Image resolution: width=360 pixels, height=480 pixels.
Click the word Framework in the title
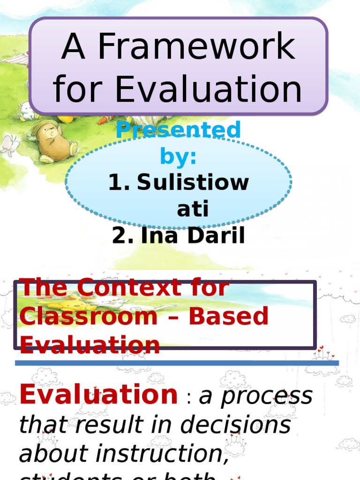(x=195, y=48)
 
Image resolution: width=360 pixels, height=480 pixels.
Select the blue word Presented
(x=179, y=130)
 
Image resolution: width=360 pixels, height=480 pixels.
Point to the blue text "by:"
(x=178, y=157)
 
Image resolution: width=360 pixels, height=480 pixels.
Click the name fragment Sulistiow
(x=193, y=182)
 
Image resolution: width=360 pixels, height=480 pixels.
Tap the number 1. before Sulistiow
(x=119, y=182)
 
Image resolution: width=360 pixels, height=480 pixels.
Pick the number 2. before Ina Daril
(x=123, y=236)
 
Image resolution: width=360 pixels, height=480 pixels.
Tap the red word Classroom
(x=89, y=316)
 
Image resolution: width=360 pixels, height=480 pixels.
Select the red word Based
(x=228, y=316)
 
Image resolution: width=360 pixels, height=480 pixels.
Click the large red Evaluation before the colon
(x=98, y=394)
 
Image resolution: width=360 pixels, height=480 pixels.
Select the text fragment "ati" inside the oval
(x=192, y=210)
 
